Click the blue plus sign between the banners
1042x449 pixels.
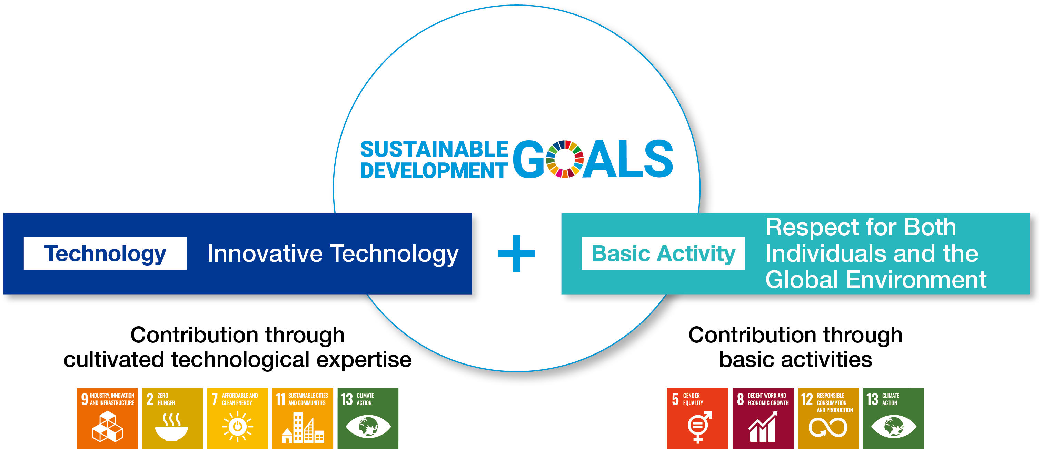pos(517,253)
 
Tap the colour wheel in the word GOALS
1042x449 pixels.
pos(565,159)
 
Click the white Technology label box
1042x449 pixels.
pos(105,253)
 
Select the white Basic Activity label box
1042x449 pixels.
pos(663,253)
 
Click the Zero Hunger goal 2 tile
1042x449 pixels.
pos(172,418)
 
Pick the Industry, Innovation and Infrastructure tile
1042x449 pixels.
pos(107,418)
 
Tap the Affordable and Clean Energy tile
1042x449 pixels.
pos(237,418)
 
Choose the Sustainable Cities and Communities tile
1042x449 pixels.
pos(302,418)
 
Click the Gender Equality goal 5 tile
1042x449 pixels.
pos(698,418)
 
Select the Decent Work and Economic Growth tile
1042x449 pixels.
pos(763,418)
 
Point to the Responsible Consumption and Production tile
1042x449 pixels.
pos(828,418)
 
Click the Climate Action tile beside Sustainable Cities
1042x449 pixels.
pos(368,418)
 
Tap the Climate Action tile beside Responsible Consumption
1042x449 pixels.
pos(893,418)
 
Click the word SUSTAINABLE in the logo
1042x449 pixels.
pos(434,149)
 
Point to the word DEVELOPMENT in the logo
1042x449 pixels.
pos(434,170)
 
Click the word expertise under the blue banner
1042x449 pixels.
pos(364,360)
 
